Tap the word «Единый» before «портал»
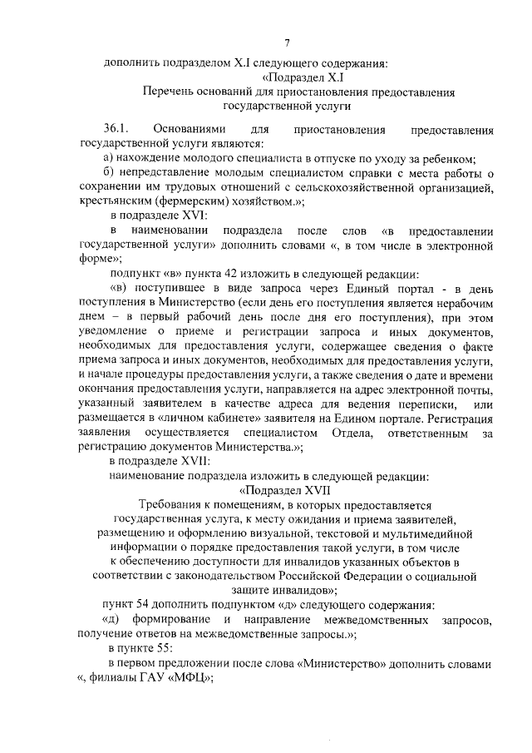324,289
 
